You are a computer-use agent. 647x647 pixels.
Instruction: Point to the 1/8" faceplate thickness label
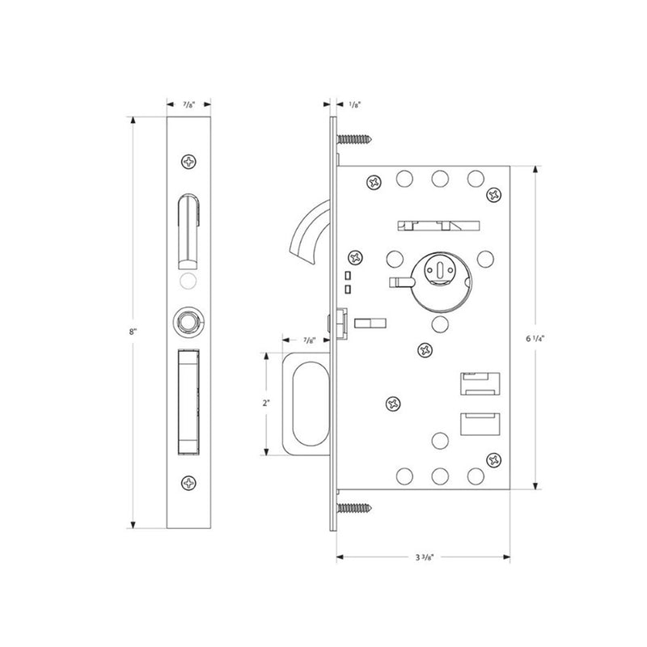pos(353,104)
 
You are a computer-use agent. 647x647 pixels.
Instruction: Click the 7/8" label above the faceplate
pos(188,104)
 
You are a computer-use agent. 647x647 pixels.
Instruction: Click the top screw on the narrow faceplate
pos(189,162)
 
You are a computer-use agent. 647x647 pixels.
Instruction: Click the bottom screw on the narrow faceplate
pos(189,484)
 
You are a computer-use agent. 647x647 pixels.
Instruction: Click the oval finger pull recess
pos(308,402)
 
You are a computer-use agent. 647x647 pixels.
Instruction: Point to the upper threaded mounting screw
pos(353,140)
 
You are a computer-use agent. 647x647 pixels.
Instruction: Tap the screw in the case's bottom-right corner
pos(493,460)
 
